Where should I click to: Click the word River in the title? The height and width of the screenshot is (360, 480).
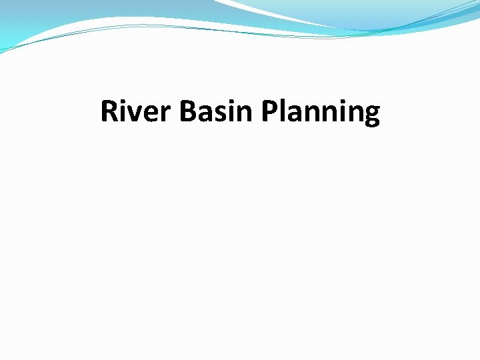pos(137,112)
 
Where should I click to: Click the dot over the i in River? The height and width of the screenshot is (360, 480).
pos(124,101)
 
